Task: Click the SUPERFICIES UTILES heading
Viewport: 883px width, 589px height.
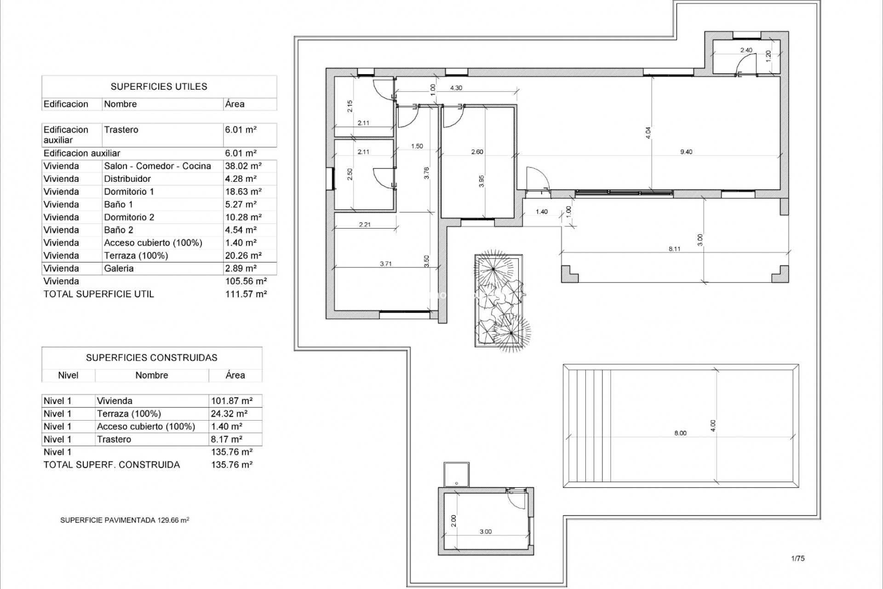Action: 159,87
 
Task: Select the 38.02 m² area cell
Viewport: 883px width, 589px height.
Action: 243,166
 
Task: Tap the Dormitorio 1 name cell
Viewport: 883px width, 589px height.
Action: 129,192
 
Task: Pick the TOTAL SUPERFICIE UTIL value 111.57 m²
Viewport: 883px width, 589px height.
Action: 246,294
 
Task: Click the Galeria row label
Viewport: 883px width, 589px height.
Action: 119,268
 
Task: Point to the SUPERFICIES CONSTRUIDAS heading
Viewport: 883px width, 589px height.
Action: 152,358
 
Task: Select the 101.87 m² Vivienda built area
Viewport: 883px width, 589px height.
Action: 232,401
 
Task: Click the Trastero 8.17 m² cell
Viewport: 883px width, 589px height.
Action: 226,439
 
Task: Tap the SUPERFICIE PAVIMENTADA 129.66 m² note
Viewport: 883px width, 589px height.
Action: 125,520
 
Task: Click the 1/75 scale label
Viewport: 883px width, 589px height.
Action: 798,559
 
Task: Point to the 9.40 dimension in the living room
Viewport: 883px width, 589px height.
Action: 686,152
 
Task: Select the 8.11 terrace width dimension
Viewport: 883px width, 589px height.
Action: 674,249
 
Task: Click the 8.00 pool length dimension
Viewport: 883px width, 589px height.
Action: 680,433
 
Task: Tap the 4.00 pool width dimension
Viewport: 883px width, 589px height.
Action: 713,425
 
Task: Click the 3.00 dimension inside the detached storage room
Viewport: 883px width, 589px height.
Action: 486,531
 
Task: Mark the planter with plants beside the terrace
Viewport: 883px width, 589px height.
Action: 499,300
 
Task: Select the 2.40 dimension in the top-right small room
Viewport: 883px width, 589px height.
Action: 746,50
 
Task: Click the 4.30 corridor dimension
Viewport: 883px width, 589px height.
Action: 456,88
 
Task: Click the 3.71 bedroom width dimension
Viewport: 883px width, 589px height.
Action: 385,264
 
